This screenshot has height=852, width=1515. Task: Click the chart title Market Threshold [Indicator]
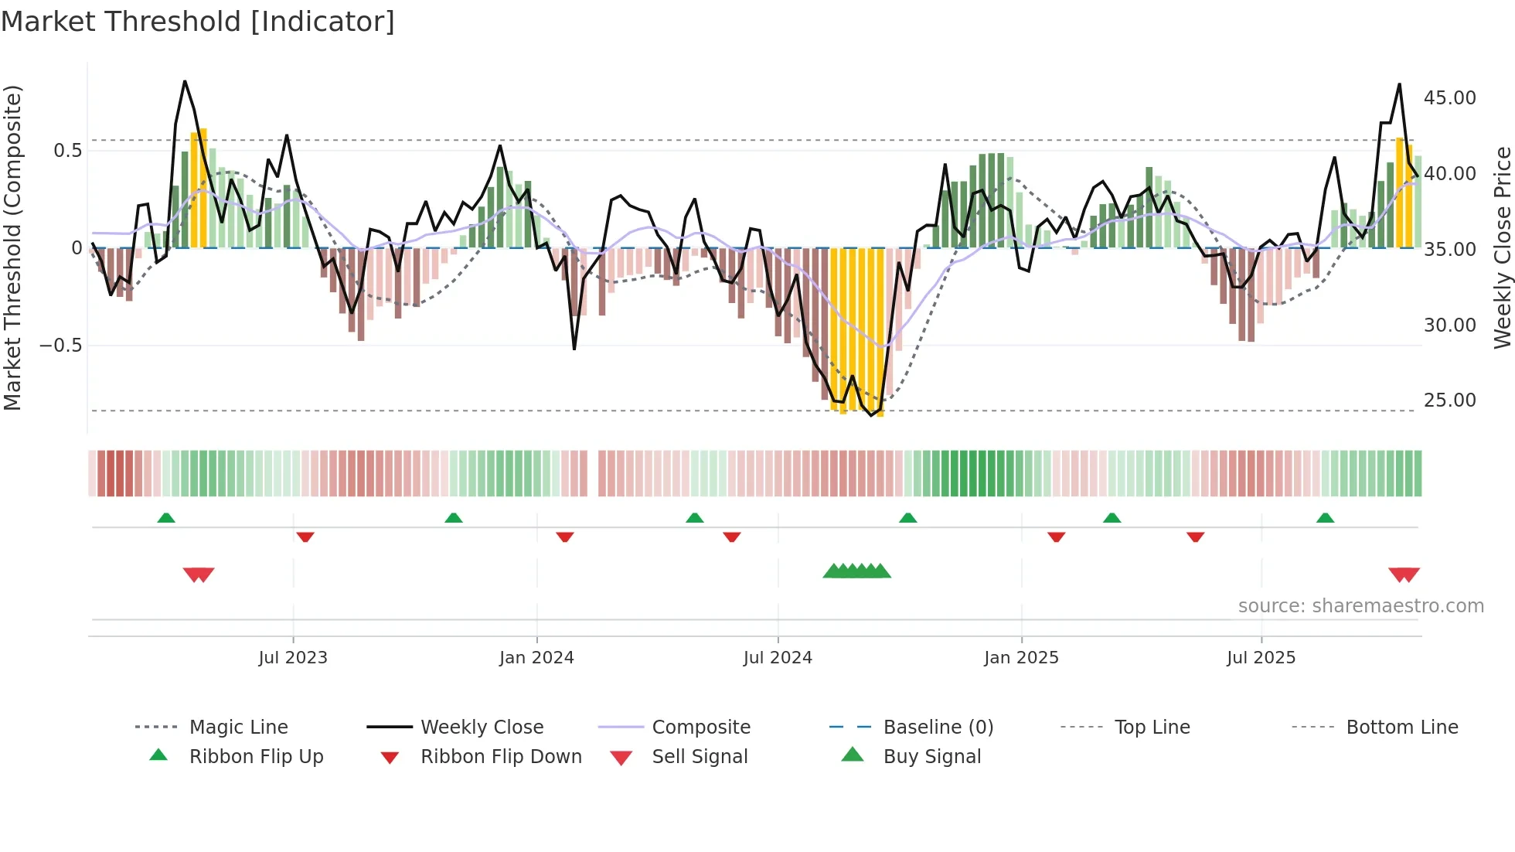click(x=198, y=22)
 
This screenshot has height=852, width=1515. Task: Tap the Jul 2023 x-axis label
click(x=293, y=658)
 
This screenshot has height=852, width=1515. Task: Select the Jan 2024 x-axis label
click(x=536, y=658)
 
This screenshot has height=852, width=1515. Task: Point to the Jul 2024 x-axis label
click(x=778, y=658)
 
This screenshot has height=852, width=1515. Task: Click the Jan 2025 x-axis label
click(x=1021, y=658)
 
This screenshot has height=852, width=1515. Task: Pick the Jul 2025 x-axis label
click(x=1261, y=658)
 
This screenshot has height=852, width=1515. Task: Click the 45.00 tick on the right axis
click(x=1449, y=98)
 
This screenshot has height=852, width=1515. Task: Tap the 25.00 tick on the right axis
click(x=1449, y=400)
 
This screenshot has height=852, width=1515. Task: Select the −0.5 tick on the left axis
click(x=60, y=346)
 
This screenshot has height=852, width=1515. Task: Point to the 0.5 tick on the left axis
click(x=67, y=151)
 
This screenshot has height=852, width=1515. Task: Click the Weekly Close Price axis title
click(x=1502, y=247)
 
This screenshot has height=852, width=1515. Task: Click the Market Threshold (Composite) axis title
click(x=12, y=247)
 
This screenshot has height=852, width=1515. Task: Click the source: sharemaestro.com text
click(x=1360, y=606)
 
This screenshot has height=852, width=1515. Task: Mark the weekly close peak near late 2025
click(x=1399, y=85)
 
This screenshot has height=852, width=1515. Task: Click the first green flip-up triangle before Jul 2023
click(x=166, y=518)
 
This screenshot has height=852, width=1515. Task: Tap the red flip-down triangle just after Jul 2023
click(x=305, y=537)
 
